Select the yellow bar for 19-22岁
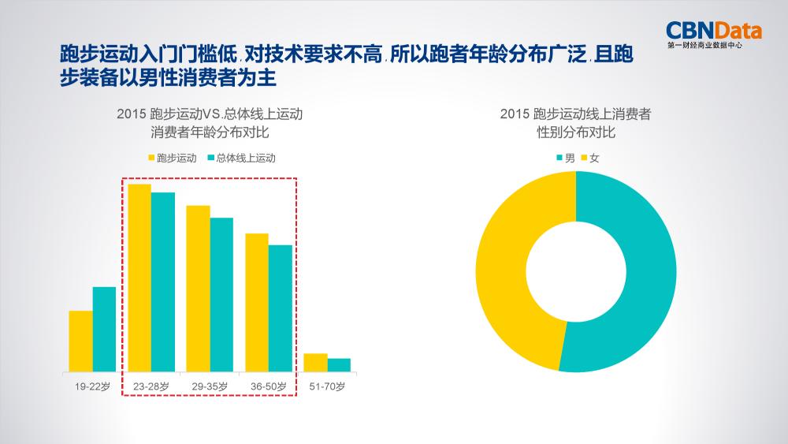click(80, 341)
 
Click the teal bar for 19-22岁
click(104, 329)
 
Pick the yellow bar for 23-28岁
click(139, 278)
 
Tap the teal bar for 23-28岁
click(163, 282)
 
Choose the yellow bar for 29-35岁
click(198, 288)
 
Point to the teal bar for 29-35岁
click(221, 294)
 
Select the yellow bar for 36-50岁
click(256, 302)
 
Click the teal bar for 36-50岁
click(280, 308)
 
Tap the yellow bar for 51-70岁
click(315, 363)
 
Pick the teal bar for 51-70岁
click(339, 365)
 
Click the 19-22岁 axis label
click(92, 386)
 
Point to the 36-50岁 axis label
click(268, 386)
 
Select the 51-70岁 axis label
click(327, 386)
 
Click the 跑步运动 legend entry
click(172, 158)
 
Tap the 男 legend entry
click(564, 158)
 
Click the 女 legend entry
click(590, 158)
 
